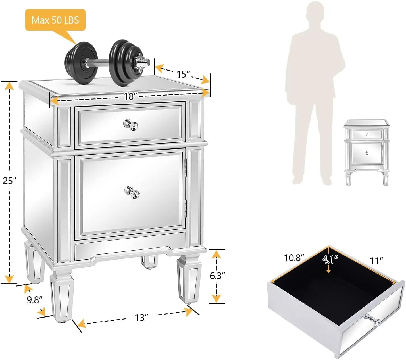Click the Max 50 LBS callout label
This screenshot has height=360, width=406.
[x=55, y=20]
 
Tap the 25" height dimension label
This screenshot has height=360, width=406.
[x=10, y=180]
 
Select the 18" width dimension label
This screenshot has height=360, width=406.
[x=129, y=97]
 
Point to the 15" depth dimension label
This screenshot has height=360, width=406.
[x=183, y=74]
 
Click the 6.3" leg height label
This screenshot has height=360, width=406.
[x=217, y=275]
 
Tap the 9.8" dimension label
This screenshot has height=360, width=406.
[x=35, y=300]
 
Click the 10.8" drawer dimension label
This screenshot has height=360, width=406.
[x=294, y=258]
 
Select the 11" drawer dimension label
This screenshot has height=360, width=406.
[x=376, y=260]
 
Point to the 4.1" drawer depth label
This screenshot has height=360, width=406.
[x=330, y=260]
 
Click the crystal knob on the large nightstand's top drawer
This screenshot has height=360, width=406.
[x=131, y=125]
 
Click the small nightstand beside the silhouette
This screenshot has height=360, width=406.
[x=366, y=152]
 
